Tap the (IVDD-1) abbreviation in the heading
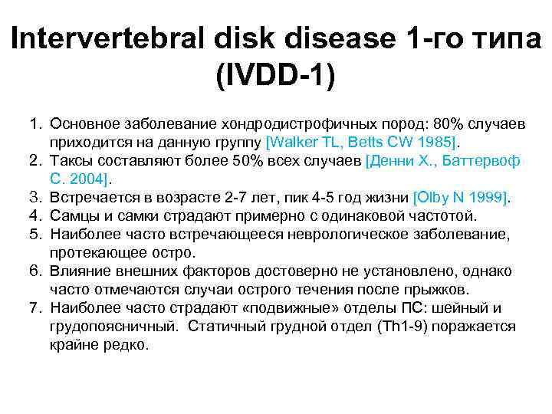tap(276, 76)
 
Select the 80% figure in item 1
tap(433, 124)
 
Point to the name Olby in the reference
tap(433, 198)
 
